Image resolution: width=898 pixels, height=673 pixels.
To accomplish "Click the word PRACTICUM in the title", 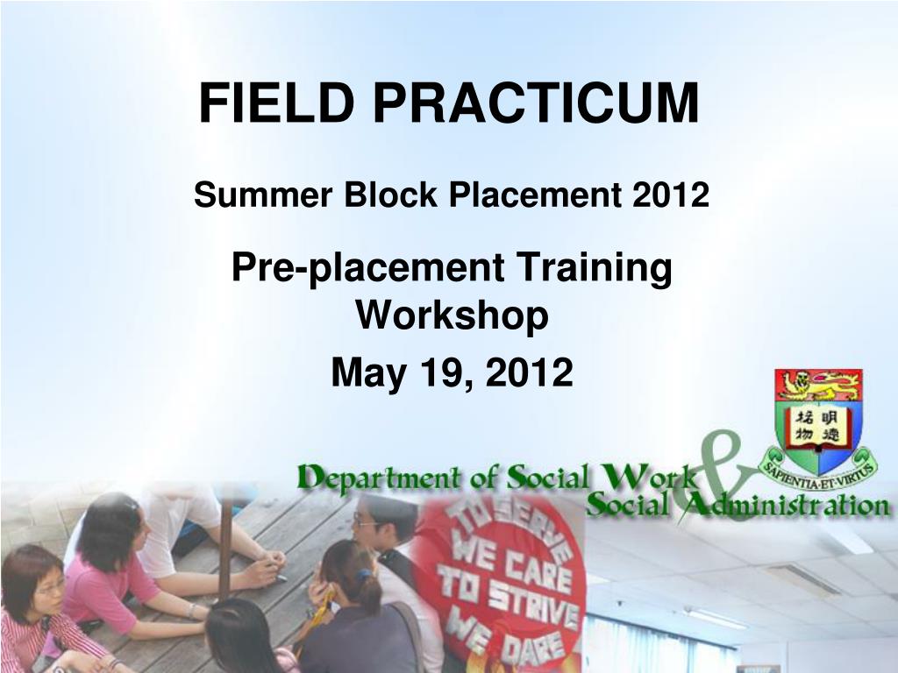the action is (x=536, y=103).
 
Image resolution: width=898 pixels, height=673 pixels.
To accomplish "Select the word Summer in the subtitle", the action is (x=263, y=195).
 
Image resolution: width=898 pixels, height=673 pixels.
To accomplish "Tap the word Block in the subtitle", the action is (x=390, y=195).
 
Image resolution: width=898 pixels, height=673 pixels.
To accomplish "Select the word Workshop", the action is (x=452, y=315).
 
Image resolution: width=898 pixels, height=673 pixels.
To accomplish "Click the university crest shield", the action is (x=818, y=421).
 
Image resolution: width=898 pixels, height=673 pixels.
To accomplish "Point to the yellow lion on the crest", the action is (x=818, y=386).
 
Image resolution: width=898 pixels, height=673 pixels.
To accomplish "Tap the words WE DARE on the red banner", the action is (x=504, y=636).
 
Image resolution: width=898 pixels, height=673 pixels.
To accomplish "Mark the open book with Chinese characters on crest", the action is (x=818, y=427).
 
